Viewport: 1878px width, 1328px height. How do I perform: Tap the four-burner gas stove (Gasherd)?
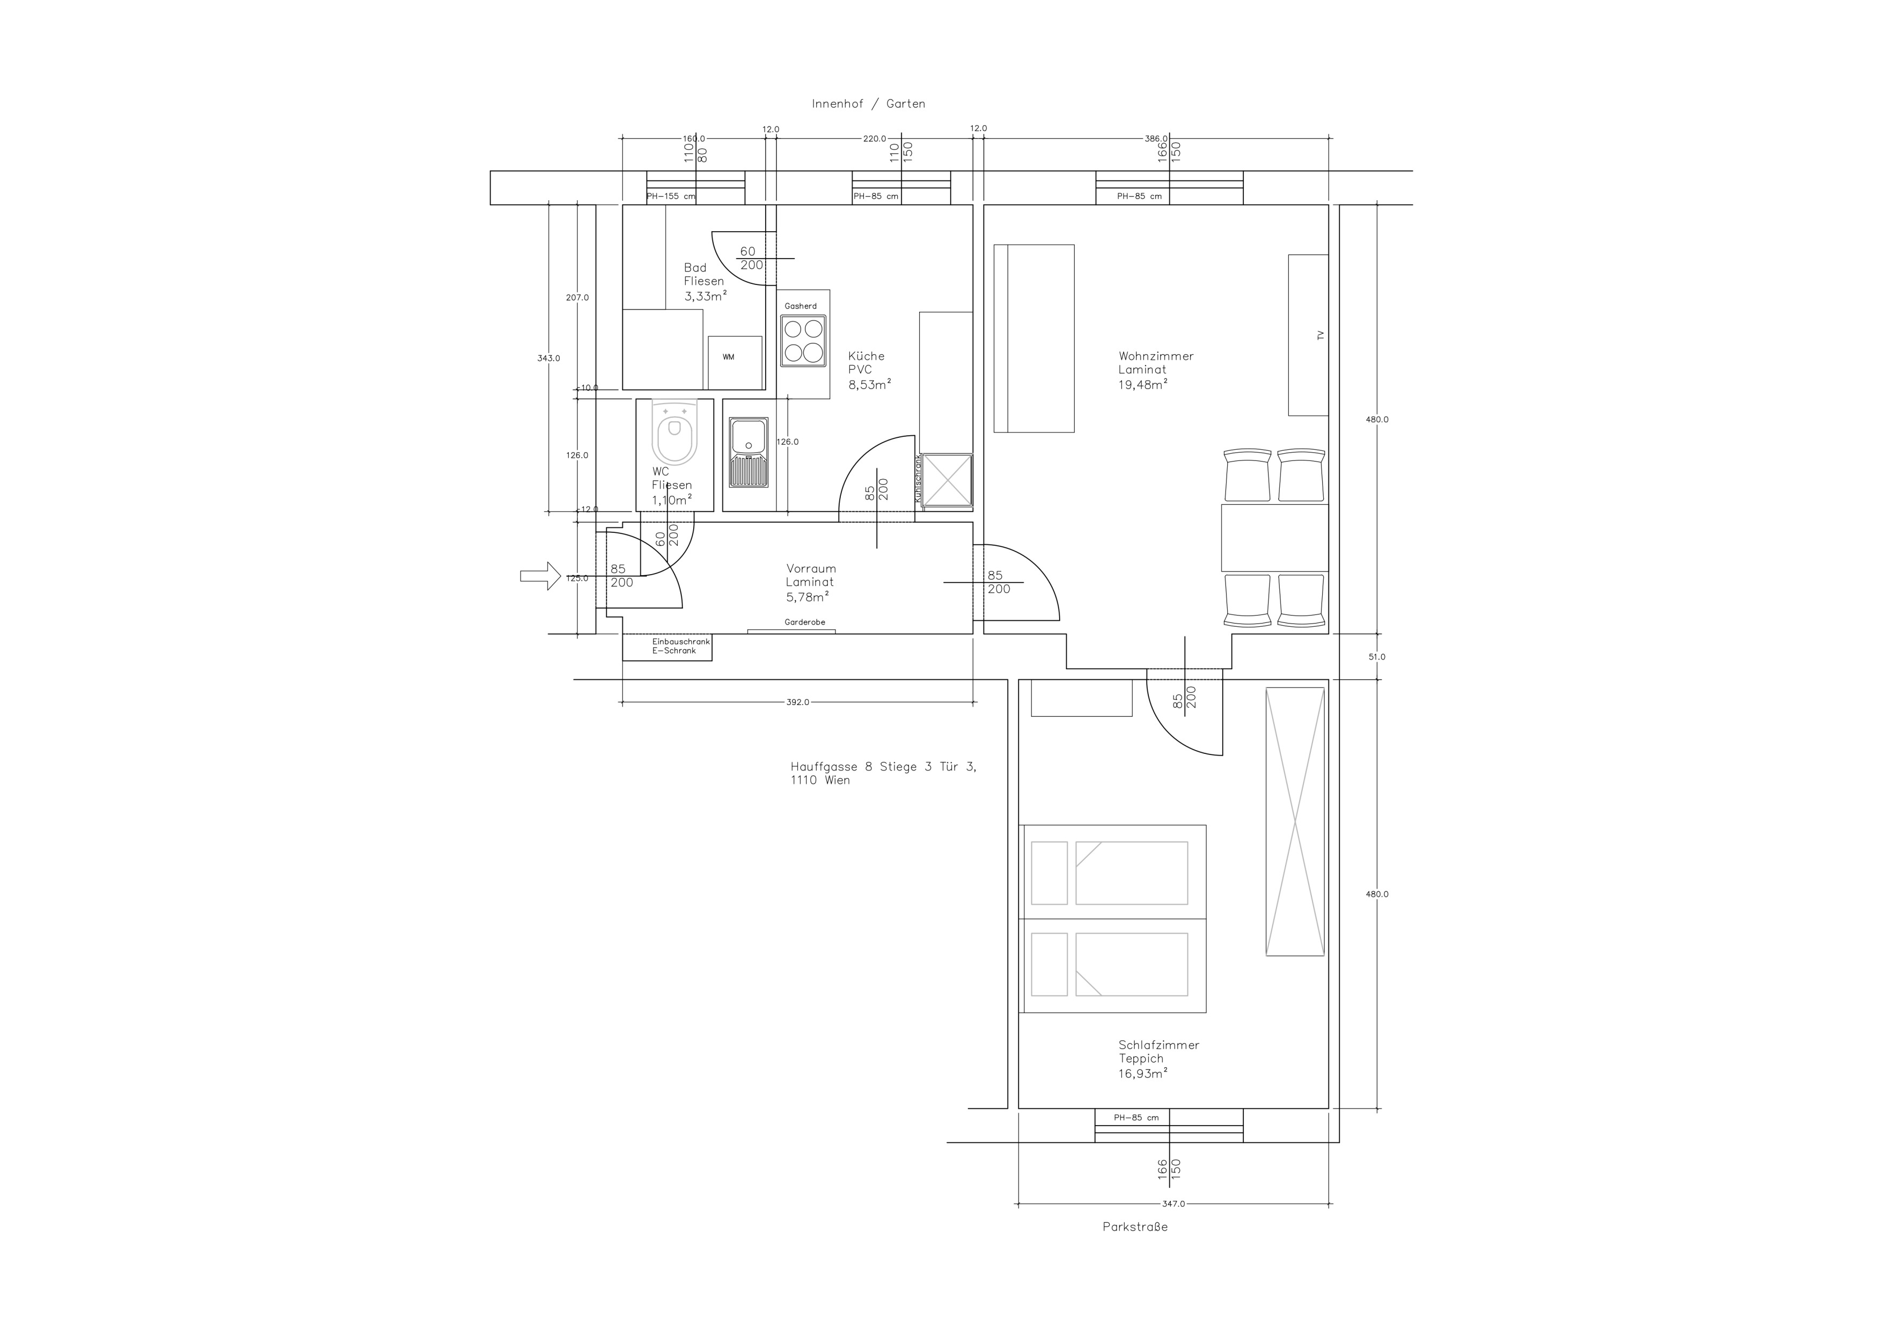point(803,340)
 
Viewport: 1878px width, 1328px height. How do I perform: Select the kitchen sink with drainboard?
point(749,453)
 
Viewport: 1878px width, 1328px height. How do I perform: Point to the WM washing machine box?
point(735,362)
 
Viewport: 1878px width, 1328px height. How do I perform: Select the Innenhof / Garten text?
point(868,104)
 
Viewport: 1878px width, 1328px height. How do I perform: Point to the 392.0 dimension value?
point(797,702)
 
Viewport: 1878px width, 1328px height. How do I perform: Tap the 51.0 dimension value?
point(1377,657)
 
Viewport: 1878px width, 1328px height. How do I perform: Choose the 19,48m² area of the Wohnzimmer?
point(1143,384)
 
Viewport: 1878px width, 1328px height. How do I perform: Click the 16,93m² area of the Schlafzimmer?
point(1143,1073)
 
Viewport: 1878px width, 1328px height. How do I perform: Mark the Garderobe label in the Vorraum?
point(805,622)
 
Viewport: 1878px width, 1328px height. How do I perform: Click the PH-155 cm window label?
point(671,196)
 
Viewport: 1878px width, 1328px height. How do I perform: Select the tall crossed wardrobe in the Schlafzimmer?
point(1295,821)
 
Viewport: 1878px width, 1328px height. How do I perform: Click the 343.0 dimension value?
point(549,358)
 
